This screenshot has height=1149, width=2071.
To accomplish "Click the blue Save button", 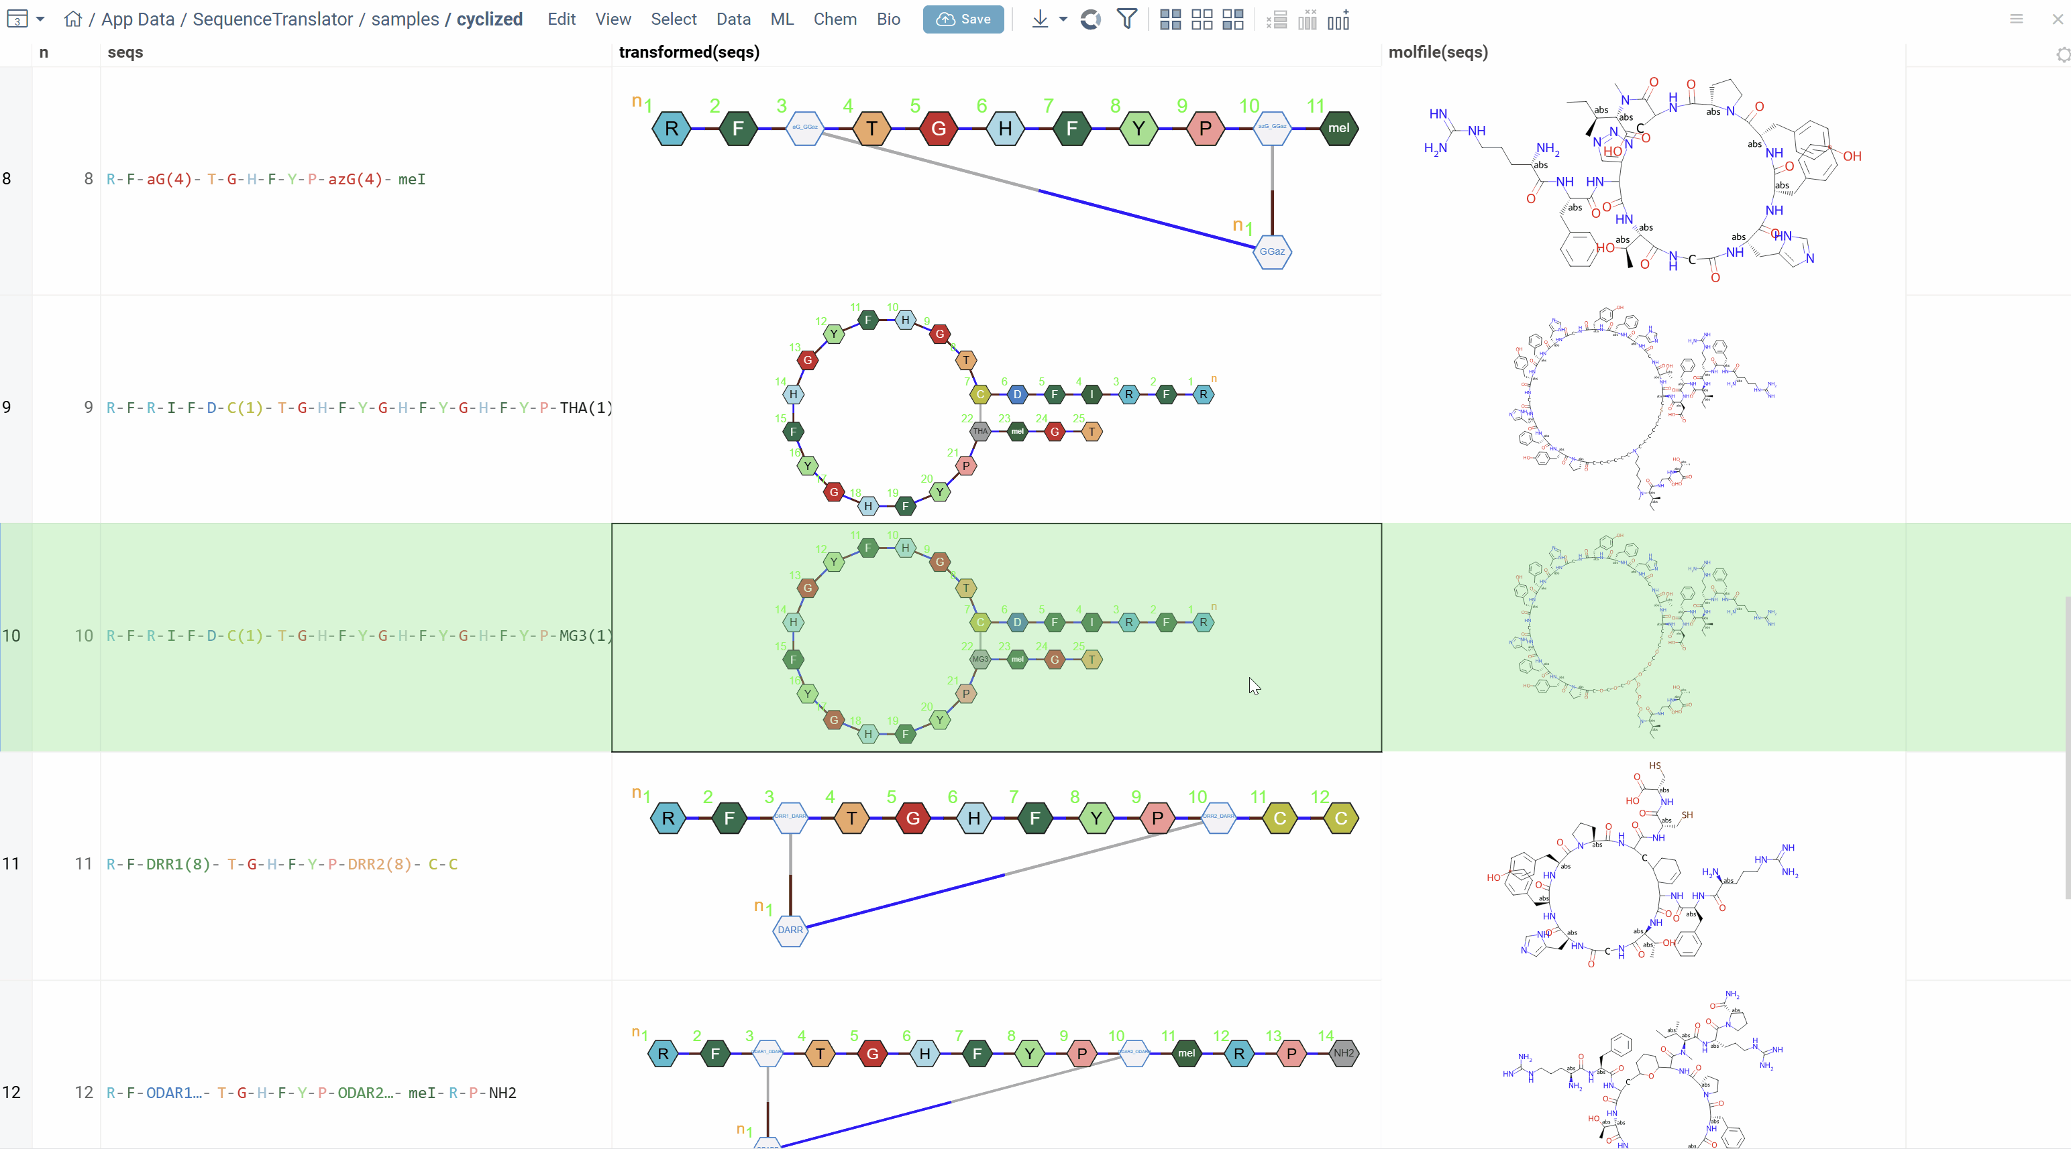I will pyautogui.click(x=963, y=19).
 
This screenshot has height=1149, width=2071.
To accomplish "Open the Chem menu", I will pyautogui.click(x=835, y=19).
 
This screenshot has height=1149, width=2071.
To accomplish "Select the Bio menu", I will pyautogui.click(x=888, y=19).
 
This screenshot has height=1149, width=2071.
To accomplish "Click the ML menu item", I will pyautogui.click(x=782, y=19).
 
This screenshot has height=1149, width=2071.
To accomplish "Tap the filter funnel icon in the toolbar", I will pyautogui.click(x=1127, y=19).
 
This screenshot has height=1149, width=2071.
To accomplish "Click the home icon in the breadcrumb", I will pyautogui.click(x=73, y=19).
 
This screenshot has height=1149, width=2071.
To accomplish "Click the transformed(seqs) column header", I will pyautogui.click(x=689, y=52).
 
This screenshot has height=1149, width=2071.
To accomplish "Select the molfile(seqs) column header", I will pyautogui.click(x=1438, y=52).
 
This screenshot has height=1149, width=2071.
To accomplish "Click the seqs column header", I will pyautogui.click(x=125, y=52).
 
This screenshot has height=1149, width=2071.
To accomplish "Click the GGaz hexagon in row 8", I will pyautogui.click(x=1272, y=251).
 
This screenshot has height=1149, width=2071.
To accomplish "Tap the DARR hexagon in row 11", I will pyautogui.click(x=790, y=930).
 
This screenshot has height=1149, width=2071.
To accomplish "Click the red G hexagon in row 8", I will pyautogui.click(x=938, y=129).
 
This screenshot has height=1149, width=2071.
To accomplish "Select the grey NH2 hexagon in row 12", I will pyautogui.click(x=1343, y=1052).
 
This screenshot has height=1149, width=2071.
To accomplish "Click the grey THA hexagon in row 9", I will pyautogui.click(x=980, y=432).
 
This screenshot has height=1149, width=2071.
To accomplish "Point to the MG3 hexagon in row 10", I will pyautogui.click(x=980, y=660).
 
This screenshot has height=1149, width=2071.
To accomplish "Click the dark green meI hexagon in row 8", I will pyautogui.click(x=1338, y=129).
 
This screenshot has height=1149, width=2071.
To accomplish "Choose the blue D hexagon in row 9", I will pyautogui.click(x=1017, y=395).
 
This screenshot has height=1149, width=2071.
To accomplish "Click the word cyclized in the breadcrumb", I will pyautogui.click(x=489, y=19).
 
